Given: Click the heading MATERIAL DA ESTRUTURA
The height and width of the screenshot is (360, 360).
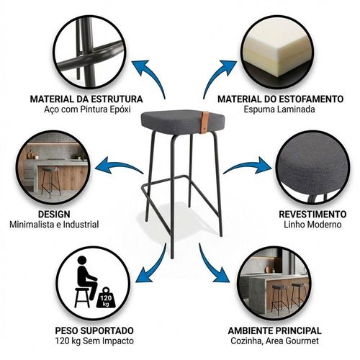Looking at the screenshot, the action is click(x=86, y=99).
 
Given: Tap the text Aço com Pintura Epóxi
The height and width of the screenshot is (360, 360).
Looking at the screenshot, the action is click(x=87, y=109).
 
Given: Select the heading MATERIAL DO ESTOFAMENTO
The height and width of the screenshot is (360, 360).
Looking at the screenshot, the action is click(x=280, y=99).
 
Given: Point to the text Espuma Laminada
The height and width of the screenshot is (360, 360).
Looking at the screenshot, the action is click(x=279, y=109).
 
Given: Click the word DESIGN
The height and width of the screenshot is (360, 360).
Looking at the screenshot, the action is click(x=54, y=214).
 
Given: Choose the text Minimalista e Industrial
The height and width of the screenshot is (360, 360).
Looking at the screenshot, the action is click(x=54, y=225).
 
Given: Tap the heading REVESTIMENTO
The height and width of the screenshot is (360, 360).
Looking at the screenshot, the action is click(x=312, y=214).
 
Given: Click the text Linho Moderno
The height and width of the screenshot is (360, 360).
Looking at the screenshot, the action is click(x=312, y=225).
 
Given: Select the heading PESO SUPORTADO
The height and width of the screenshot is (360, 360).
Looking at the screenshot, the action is click(x=94, y=330).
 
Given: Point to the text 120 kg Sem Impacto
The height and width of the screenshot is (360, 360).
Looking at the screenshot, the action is click(x=94, y=341).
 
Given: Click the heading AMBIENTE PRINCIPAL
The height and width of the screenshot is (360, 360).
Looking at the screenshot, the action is click(x=275, y=330).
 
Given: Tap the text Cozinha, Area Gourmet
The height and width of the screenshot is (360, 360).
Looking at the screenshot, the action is click(x=275, y=341).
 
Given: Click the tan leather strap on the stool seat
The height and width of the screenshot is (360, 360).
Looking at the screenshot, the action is click(x=206, y=122).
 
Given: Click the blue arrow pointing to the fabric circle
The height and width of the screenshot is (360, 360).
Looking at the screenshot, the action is click(x=250, y=165).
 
